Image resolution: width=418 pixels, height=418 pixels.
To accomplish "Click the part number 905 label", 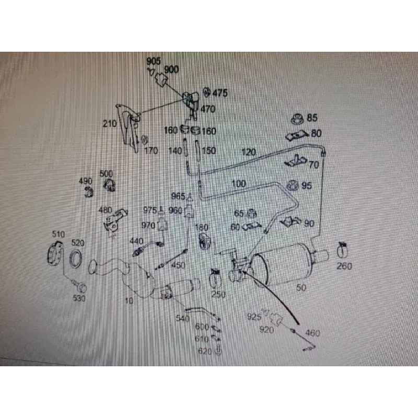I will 154,62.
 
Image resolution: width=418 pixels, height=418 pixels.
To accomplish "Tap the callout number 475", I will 220,94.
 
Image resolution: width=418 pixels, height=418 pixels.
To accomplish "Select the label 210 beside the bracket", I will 109,124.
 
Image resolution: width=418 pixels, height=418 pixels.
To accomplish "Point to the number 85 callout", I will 312,118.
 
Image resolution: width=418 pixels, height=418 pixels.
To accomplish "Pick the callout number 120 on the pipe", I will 249,153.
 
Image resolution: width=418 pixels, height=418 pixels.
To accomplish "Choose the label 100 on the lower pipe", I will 238,183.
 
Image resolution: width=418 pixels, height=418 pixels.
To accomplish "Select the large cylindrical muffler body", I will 282,264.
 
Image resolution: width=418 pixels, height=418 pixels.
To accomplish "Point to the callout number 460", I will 313,333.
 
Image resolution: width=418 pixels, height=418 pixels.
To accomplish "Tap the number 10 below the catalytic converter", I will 129,301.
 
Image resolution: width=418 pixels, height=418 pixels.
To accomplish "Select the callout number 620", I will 205,352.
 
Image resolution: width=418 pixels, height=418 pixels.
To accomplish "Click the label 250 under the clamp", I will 218,294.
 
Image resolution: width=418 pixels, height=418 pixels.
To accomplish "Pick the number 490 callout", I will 85,181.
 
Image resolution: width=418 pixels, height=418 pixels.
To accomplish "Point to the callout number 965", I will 178,196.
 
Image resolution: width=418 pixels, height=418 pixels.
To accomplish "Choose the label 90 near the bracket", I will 309,224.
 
